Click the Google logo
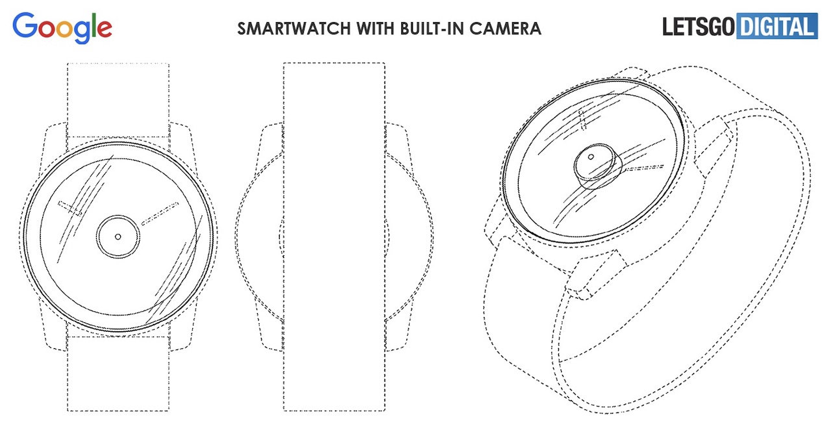tap(62, 27)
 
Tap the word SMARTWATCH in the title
tap(294, 29)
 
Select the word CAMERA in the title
tap(505, 29)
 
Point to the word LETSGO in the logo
tap(698, 27)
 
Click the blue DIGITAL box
tap(777, 26)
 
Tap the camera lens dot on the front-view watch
tap(118, 236)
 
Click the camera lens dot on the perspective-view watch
tap(591, 157)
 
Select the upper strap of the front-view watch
tap(118, 100)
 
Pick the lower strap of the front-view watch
tap(118, 373)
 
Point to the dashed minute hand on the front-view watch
tap(160, 214)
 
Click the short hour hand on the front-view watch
tap(69, 209)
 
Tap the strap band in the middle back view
tap(334, 237)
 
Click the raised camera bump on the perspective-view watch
tap(597, 166)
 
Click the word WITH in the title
tap(375, 29)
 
